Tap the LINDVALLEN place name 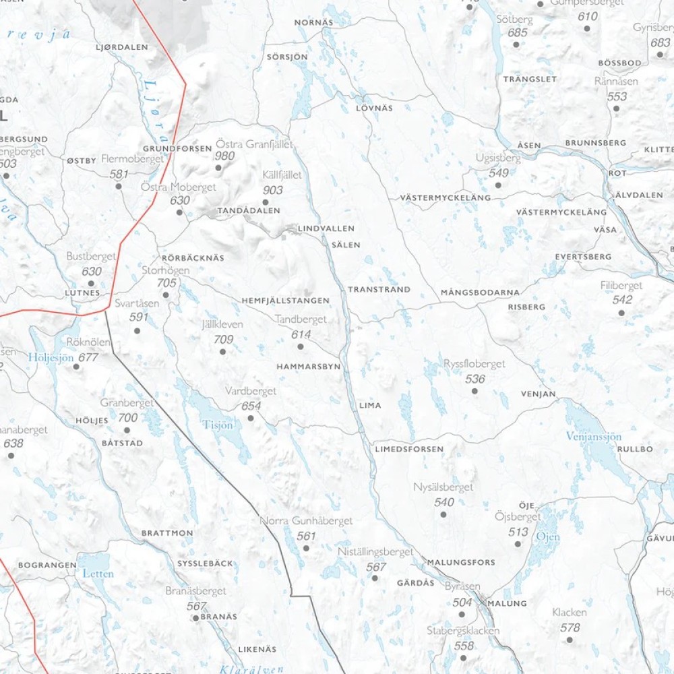click(x=326, y=228)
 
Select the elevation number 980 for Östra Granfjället click(x=224, y=156)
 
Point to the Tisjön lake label click(x=218, y=425)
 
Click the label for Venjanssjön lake click(x=593, y=437)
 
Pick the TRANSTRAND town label click(x=379, y=289)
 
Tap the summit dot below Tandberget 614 click(x=301, y=346)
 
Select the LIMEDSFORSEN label click(x=409, y=448)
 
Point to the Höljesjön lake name click(x=51, y=357)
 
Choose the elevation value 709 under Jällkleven click(x=223, y=340)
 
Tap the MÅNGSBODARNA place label click(x=480, y=293)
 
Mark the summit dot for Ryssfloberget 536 click(x=474, y=390)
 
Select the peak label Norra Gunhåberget click(x=306, y=521)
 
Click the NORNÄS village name click(x=314, y=23)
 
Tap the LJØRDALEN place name click(x=122, y=47)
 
